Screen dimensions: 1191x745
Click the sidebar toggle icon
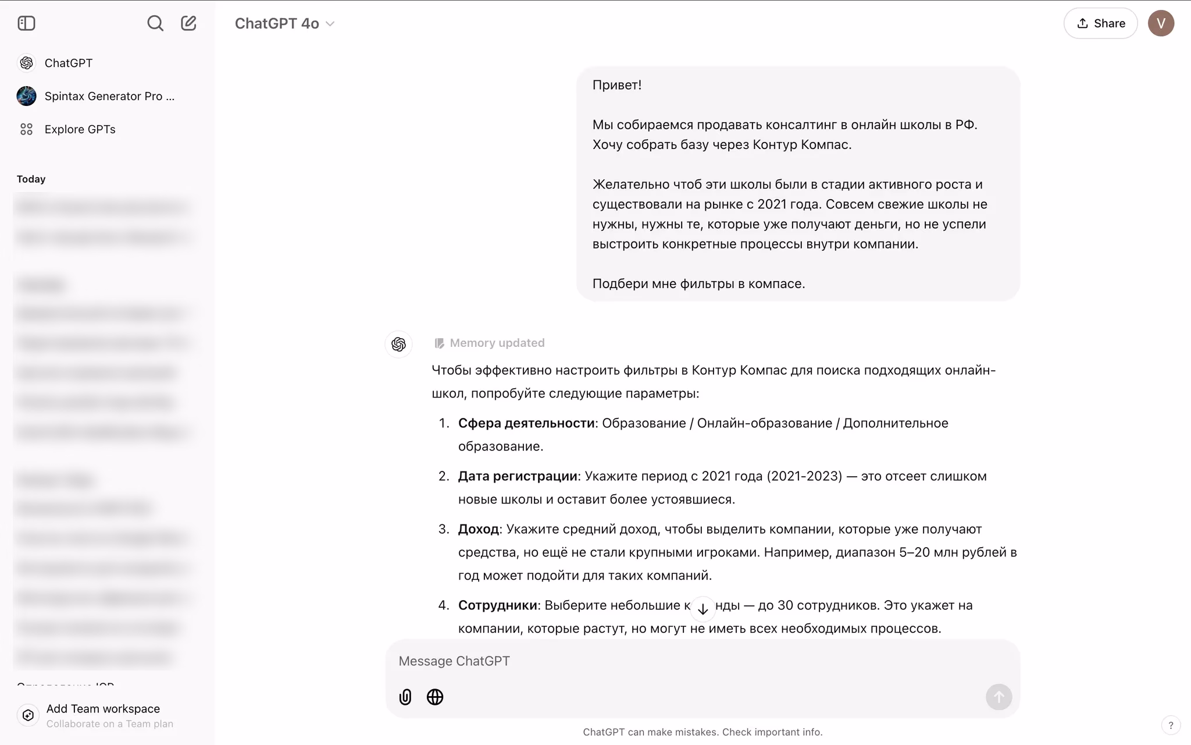27,23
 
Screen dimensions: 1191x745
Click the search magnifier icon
155,23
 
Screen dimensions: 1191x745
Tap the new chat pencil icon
188,23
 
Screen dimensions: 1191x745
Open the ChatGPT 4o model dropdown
284,24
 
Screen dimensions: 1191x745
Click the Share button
1100,23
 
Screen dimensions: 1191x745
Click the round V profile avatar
1161,23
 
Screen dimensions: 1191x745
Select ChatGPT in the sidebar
68,63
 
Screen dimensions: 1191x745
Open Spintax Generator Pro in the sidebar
109,96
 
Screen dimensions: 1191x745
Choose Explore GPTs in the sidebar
80,129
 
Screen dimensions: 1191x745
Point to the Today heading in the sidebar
31,179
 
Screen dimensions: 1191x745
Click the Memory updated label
497,343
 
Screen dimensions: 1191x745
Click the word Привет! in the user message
616,85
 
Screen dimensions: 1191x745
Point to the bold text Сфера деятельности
526,423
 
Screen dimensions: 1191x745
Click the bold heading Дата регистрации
517,476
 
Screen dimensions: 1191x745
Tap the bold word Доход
478,529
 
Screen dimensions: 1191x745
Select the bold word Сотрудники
497,605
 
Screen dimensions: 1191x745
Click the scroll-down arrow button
703,609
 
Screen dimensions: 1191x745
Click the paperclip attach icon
405,697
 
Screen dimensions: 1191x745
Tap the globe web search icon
435,697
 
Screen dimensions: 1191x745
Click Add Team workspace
102,709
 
